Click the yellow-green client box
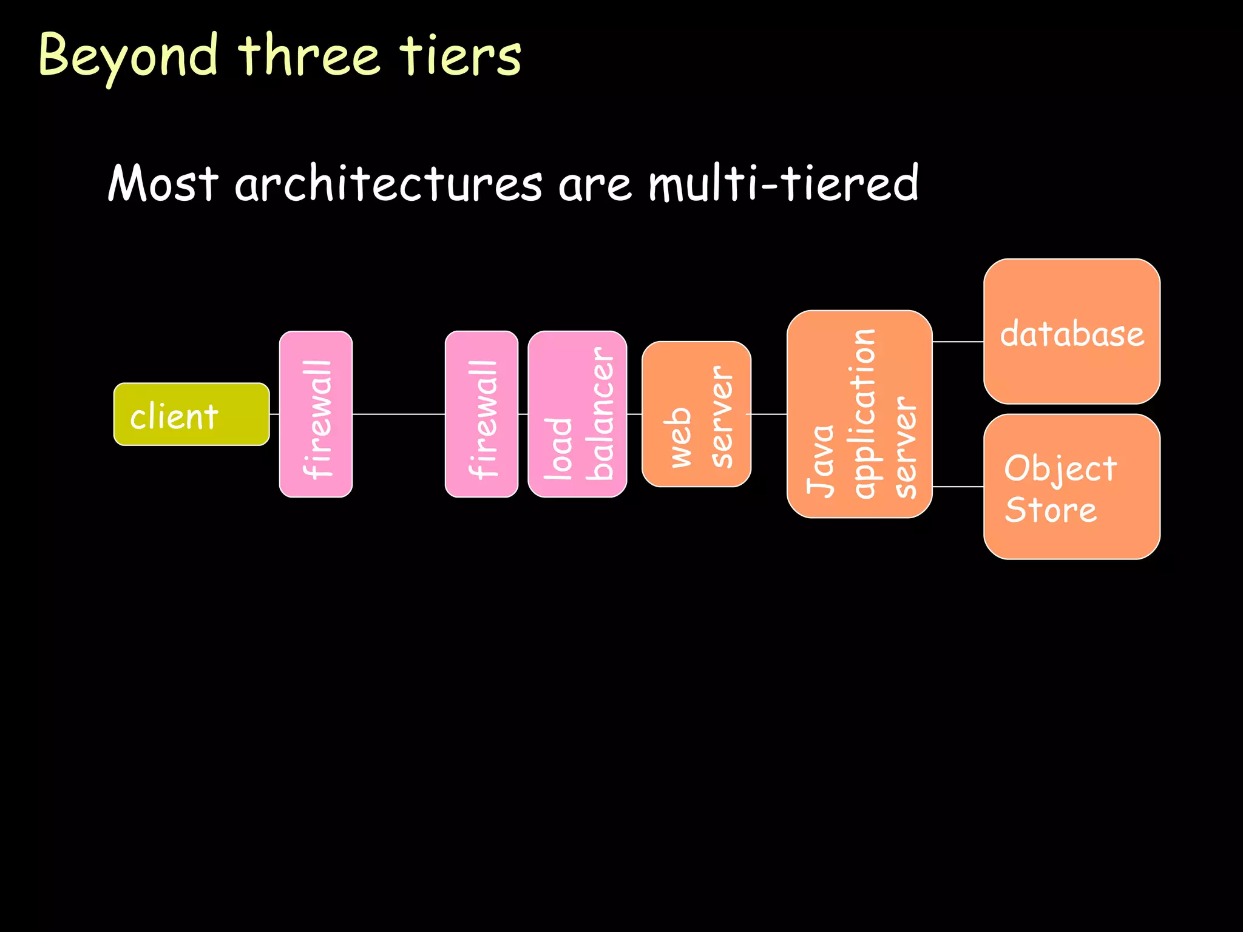[x=191, y=414]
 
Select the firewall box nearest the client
[x=316, y=414]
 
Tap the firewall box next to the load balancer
[x=481, y=414]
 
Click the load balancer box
[x=577, y=414]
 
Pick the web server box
[x=696, y=414]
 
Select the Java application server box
[x=859, y=414]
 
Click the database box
[x=1072, y=331]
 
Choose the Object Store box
[x=1072, y=487]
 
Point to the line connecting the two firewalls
[x=399, y=414]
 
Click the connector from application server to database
[x=958, y=342]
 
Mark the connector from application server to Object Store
[x=958, y=487]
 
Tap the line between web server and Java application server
[x=769, y=414]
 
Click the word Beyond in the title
[x=127, y=56]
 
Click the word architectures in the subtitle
[x=388, y=184]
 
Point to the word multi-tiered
[x=783, y=184]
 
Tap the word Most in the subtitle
[x=163, y=184]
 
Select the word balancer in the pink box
[x=601, y=414]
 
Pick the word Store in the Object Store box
[x=1051, y=510]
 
